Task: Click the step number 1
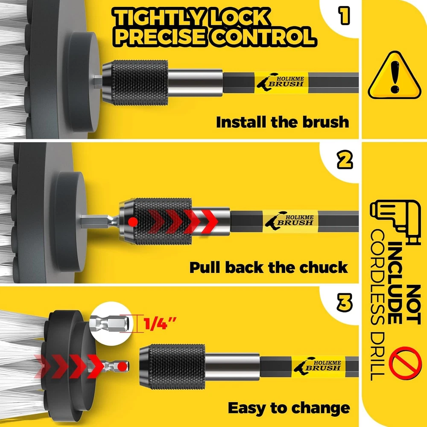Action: [344, 16]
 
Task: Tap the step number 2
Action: [345, 160]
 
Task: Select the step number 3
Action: [345, 303]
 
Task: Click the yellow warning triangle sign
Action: [394, 76]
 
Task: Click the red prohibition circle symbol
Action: [405, 363]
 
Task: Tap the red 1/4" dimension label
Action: [160, 323]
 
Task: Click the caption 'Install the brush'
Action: [282, 122]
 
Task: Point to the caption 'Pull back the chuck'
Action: [269, 267]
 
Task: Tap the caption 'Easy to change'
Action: [289, 408]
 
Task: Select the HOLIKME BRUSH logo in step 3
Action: [318, 366]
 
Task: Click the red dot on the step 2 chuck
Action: [133, 222]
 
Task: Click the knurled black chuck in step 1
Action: [135, 83]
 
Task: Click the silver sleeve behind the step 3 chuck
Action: [232, 366]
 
